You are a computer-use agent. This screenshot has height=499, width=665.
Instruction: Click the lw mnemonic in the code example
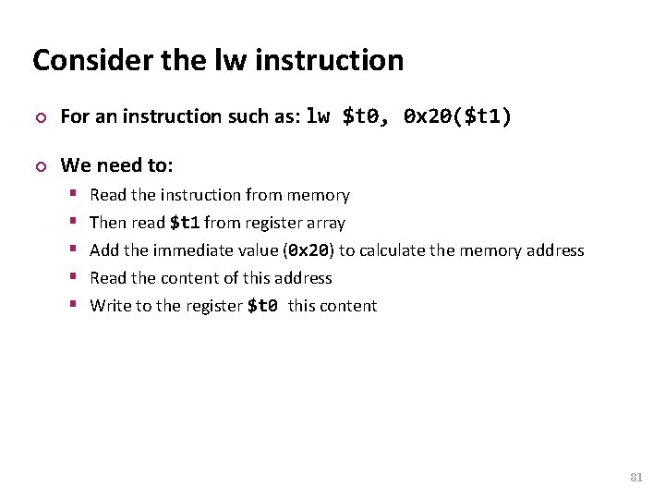(318, 116)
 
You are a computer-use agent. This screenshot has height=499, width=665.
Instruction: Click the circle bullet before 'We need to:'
(38, 166)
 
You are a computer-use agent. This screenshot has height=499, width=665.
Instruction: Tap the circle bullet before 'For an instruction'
(38, 117)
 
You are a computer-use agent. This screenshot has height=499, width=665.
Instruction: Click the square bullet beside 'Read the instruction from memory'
(75, 195)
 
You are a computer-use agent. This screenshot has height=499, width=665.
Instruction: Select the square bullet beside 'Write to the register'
(75, 306)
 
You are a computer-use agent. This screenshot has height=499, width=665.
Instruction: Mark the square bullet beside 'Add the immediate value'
(75, 250)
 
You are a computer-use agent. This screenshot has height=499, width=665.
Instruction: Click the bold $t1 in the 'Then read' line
(185, 223)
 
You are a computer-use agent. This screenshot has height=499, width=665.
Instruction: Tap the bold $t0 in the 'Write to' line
(263, 306)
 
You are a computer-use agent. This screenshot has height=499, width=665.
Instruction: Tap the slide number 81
(635, 477)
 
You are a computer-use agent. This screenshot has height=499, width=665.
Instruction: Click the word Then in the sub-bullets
(106, 223)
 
